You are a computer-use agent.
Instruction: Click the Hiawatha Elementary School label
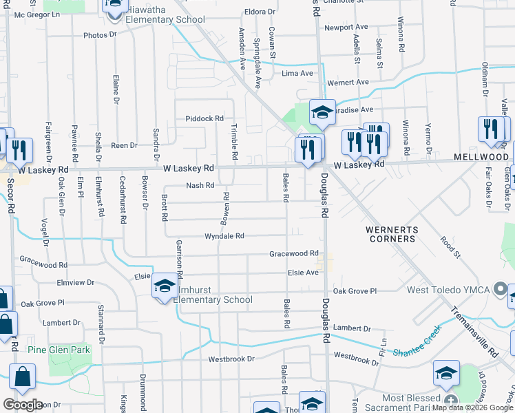pyautogui.click(x=165, y=19)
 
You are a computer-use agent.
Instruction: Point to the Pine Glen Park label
pyautogui.click(x=59, y=350)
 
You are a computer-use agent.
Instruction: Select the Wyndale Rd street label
pyautogui.click(x=224, y=236)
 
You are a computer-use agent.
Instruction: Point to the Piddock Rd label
pyautogui.click(x=204, y=118)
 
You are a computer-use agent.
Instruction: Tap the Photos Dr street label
pyautogui.click(x=101, y=35)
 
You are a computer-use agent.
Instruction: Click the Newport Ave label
pyautogui.click(x=346, y=28)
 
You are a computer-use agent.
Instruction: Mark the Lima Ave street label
pyautogui.click(x=297, y=73)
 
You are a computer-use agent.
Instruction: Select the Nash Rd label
pyautogui.click(x=200, y=185)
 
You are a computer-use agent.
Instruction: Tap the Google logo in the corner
pyautogui.click(x=23, y=405)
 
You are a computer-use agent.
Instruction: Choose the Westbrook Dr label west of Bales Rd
pyautogui.click(x=231, y=359)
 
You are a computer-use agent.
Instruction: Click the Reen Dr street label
pyautogui.click(x=125, y=145)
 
